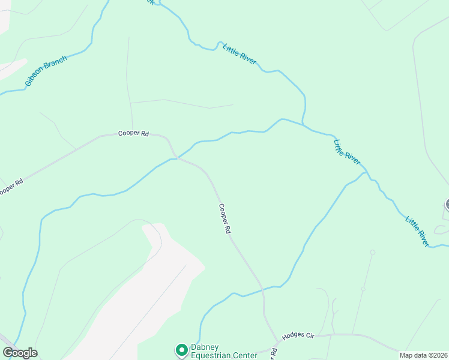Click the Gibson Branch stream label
46,71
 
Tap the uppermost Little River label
240,53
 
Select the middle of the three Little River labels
347,152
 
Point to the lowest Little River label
417,230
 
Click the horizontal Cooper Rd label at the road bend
133,134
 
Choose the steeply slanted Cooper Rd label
224,218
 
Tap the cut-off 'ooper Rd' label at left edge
11,187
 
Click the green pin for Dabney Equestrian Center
181,349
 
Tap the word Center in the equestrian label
247,355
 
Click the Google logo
20,353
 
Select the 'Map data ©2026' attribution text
423,355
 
